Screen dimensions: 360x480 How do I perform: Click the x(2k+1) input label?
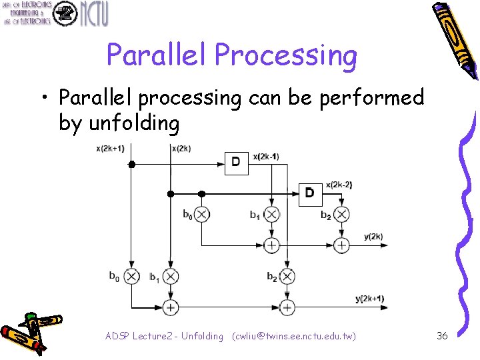110,148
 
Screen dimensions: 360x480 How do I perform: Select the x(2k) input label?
181,148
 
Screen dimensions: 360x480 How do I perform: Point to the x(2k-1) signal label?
266,157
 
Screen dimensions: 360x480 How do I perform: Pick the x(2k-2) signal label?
339,184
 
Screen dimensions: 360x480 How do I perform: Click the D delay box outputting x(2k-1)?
236,162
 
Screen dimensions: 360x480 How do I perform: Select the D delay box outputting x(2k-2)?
309,193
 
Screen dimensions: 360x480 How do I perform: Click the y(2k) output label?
373,237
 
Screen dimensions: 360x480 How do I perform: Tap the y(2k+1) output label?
370,298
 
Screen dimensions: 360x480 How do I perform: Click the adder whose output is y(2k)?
341,245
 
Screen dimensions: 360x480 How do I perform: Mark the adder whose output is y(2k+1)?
287,307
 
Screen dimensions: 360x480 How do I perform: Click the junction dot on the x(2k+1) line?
132,163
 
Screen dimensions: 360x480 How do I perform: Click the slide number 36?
442,336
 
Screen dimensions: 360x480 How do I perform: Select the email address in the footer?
293,336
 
